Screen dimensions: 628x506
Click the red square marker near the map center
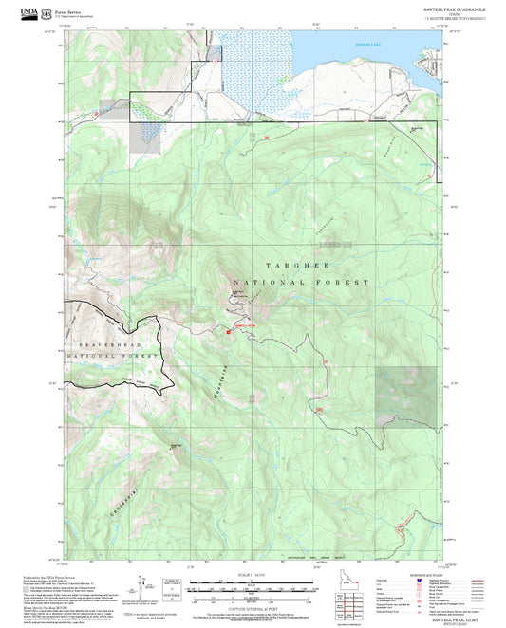coord(229,331)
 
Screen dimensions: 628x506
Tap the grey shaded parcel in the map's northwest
coord(147,137)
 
